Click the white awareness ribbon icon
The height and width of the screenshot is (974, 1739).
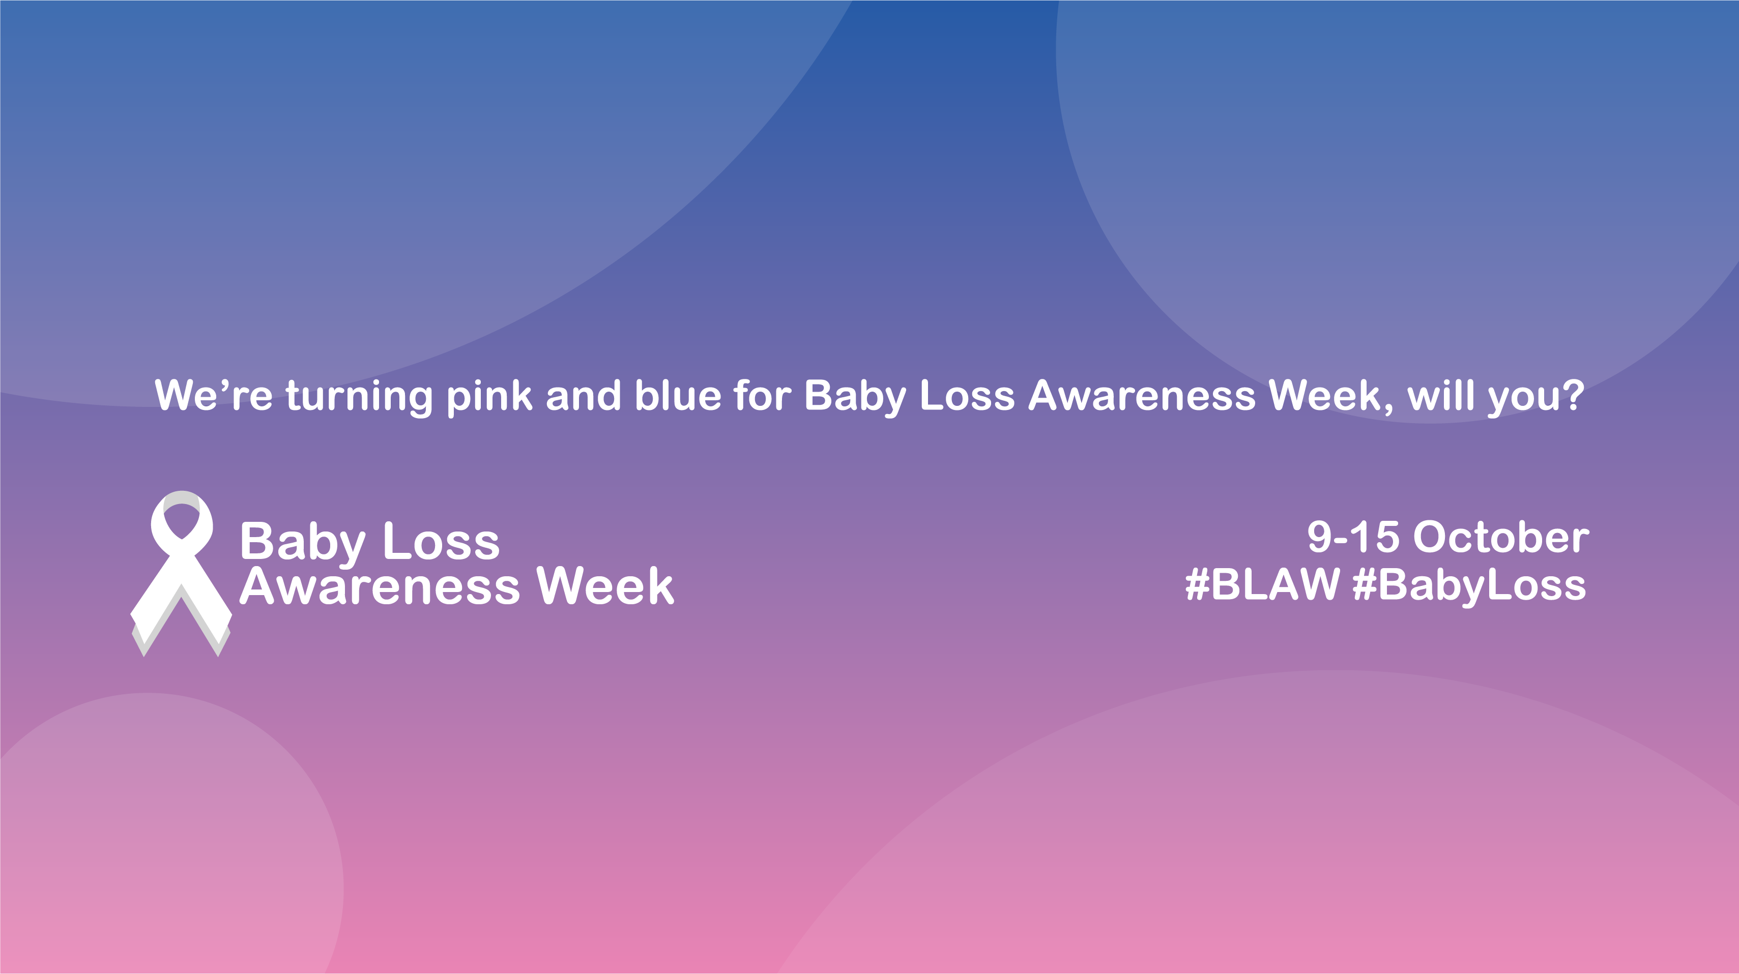point(181,574)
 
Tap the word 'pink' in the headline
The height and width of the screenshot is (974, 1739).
point(489,396)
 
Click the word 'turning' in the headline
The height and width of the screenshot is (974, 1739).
point(359,396)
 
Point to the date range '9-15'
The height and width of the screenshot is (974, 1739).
point(1353,538)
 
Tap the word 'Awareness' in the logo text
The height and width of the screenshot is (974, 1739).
point(380,586)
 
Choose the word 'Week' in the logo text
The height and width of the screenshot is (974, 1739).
point(605,586)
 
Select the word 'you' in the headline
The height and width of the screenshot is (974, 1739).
point(1522,398)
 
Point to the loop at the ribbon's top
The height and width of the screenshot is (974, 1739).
point(182,516)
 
